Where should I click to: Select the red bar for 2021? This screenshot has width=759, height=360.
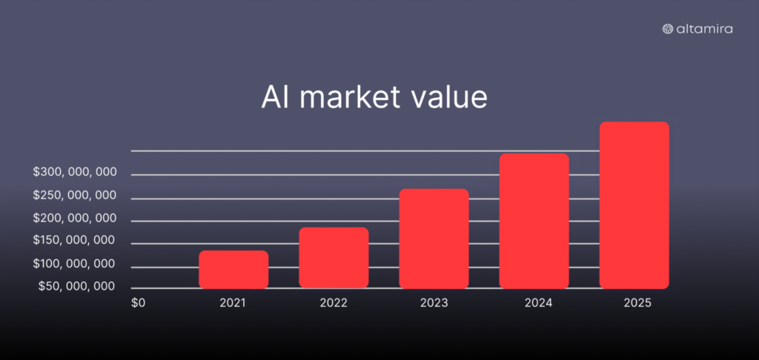click(233, 269)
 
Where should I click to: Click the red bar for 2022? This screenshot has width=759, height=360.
click(334, 257)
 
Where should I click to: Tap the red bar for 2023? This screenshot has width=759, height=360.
click(434, 238)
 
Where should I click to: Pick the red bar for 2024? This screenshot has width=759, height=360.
click(534, 221)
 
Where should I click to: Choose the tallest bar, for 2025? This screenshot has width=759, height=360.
click(634, 204)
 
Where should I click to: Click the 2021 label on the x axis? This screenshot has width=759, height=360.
click(233, 303)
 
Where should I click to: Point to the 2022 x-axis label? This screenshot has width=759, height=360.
click(333, 303)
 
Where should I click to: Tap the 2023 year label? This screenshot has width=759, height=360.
click(433, 303)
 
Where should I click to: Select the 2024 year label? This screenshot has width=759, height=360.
click(533, 303)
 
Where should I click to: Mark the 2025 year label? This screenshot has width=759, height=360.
click(634, 303)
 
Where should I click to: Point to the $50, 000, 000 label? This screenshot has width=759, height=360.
click(77, 286)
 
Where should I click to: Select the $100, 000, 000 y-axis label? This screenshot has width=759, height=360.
click(75, 264)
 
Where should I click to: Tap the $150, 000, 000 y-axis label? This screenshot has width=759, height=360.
click(75, 240)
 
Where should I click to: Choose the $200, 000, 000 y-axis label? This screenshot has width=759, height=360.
click(75, 218)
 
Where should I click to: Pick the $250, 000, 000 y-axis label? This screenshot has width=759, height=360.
click(75, 195)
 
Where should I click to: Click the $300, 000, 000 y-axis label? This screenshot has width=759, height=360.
click(75, 173)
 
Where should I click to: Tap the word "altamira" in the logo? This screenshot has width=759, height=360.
click(705, 29)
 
